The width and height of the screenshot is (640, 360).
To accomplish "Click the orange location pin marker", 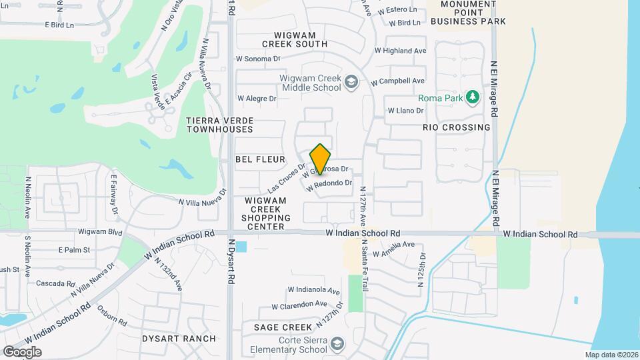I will pyautogui.click(x=320, y=158).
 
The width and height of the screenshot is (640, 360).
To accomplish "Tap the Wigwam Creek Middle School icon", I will pyautogui.click(x=352, y=83).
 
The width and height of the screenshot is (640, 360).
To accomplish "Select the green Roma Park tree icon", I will pyautogui.click(x=473, y=98).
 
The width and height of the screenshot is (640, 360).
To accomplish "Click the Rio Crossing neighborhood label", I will pyautogui.click(x=457, y=127).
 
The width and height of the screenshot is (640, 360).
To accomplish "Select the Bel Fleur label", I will pyautogui.click(x=260, y=159).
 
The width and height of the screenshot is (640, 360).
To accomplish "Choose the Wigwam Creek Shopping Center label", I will pyautogui.click(x=266, y=213).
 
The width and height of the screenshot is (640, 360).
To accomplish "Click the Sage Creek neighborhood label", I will pyautogui.click(x=283, y=327).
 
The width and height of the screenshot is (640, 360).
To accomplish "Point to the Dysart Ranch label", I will pyautogui.click(x=179, y=339).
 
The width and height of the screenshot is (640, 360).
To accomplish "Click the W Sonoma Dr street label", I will pyautogui.click(x=258, y=59).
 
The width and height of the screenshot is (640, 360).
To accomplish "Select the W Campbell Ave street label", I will pyautogui.click(x=398, y=81).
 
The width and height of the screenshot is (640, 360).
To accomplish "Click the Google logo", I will pyautogui.click(x=22, y=351).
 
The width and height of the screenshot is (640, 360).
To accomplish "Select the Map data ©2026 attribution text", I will pyautogui.click(x=611, y=355).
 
